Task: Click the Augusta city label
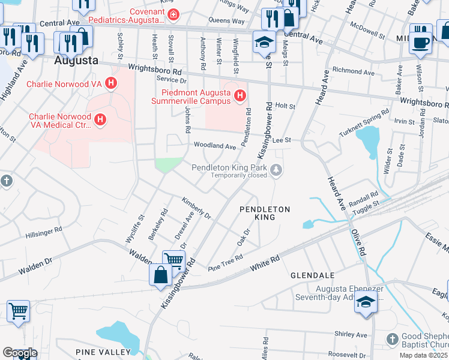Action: [x=76, y=61]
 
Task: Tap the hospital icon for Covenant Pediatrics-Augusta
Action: [x=173, y=14]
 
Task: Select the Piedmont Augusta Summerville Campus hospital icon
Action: [x=240, y=95]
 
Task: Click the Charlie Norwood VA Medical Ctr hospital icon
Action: [x=100, y=121]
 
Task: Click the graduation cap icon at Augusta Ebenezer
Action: [x=365, y=302]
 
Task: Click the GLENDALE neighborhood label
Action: [x=312, y=275]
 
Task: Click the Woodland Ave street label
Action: [x=214, y=146]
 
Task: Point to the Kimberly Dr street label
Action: [x=197, y=206]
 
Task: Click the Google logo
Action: [x=20, y=353]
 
